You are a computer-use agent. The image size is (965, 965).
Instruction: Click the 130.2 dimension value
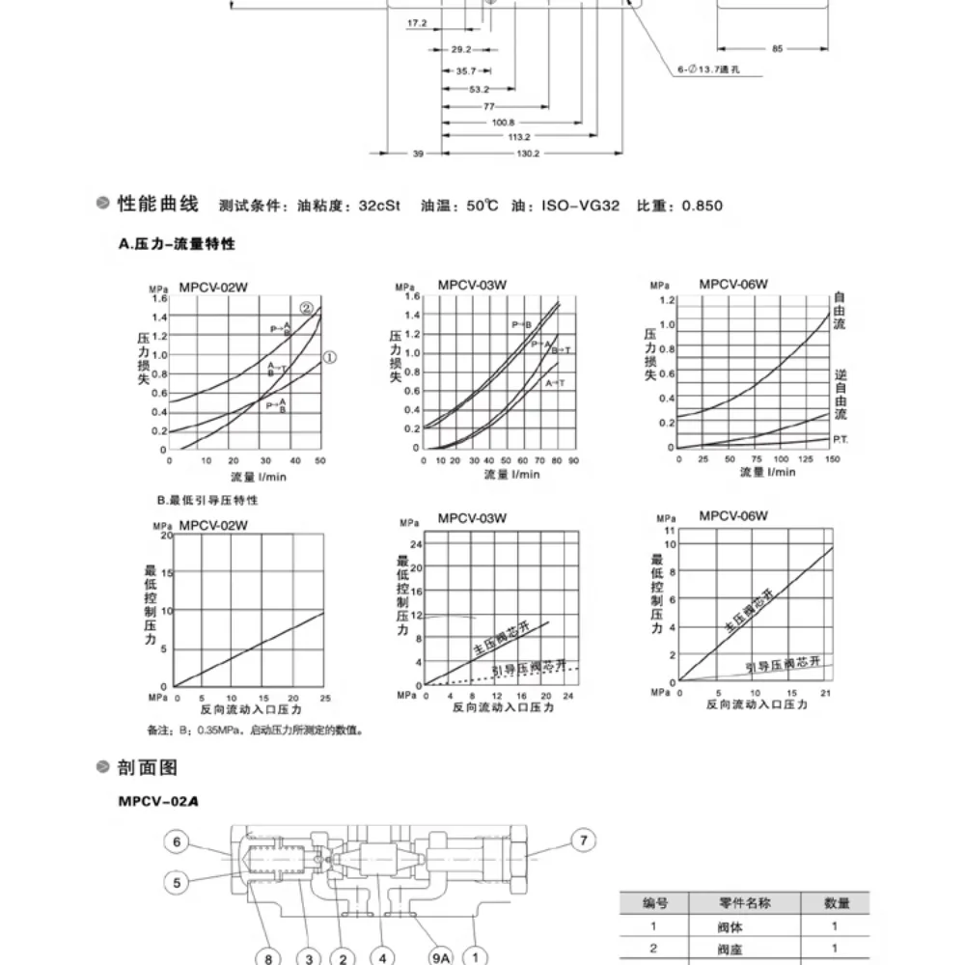[x=527, y=153]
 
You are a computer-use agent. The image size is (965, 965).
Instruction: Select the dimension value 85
[x=777, y=47]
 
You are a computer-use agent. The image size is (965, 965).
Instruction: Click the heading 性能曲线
[x=157, y=205]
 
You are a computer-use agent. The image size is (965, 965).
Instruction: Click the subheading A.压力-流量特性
[x=177, y=245]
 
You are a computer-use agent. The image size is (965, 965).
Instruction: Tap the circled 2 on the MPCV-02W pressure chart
[x=307, y=309]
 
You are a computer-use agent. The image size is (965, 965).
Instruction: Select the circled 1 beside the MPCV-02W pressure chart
[x=329, y=357]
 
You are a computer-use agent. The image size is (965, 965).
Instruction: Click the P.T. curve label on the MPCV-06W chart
[x=841, y=439]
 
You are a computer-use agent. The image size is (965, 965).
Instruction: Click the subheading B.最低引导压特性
[x=207, y=501]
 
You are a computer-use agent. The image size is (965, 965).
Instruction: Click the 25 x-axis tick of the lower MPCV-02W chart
[x=324, y=698]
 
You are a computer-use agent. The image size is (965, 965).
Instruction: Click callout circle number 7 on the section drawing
[x=582, y=841]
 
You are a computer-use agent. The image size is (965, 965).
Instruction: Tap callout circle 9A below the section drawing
[x=440, y=957]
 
